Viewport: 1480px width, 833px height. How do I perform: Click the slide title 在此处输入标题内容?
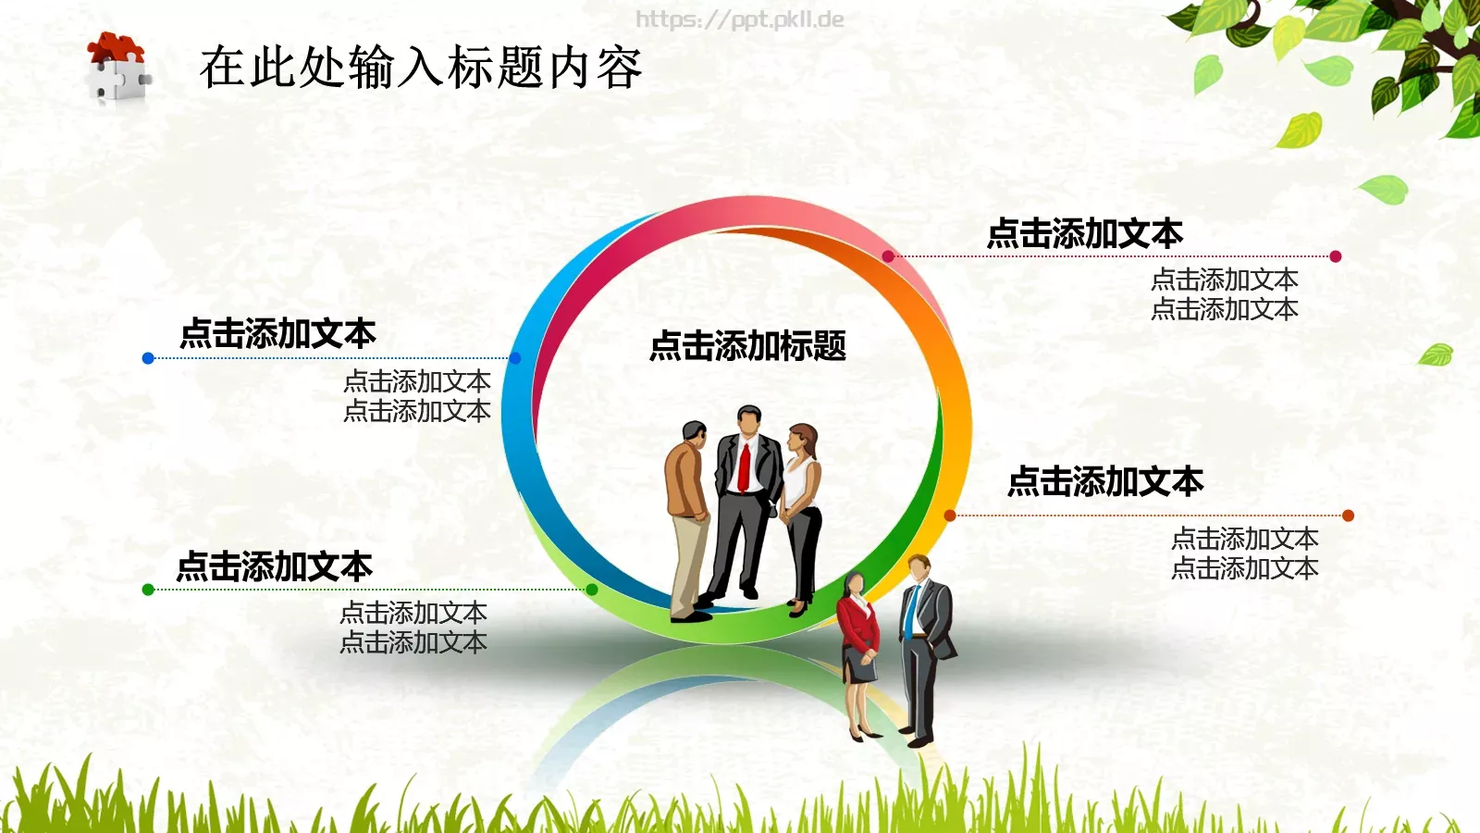[421, 68]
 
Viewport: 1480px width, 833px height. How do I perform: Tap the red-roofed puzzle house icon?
[117, 67]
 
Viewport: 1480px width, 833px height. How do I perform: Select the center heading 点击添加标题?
[747, 346]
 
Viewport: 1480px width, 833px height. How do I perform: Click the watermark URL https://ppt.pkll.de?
[739, 19]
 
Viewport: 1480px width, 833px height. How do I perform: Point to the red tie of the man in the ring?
[744, 467]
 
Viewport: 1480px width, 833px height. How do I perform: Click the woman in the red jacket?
[858, 639]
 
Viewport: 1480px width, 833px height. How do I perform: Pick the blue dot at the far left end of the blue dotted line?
[148, 358]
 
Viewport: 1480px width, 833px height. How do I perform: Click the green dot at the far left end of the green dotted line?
[148, 590]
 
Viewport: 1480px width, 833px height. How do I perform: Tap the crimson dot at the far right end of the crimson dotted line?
[1335, 256]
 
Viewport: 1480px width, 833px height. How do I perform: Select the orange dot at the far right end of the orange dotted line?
[1348, 516]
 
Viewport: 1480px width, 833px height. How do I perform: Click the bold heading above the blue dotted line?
[277, 333]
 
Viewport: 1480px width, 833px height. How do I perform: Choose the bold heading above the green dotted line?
[274, 566]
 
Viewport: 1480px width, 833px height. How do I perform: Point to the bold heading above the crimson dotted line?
[1085, 233]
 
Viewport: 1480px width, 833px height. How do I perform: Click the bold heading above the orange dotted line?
[1105, 481]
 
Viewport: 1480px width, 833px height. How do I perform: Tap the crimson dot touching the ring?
[888, 256]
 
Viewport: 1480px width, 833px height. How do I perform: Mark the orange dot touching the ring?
[950, 516]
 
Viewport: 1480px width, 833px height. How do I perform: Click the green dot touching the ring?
[592, 590]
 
